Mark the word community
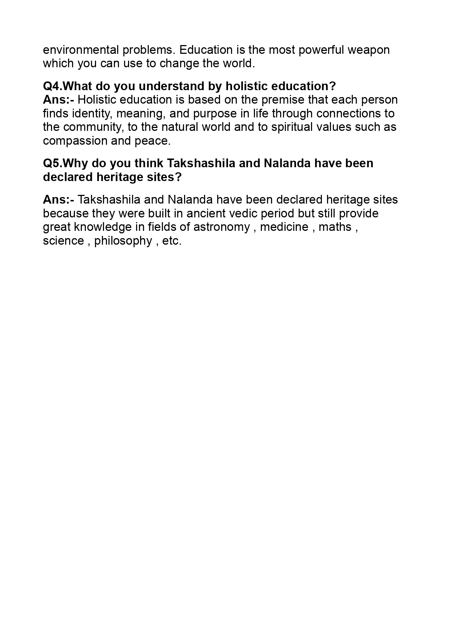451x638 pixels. tap(94, 127)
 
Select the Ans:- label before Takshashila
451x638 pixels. tap(58, 200)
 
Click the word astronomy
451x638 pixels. tap(221, 227)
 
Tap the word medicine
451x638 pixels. tap(284, 227)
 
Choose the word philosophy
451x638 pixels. tap(123, 241)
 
